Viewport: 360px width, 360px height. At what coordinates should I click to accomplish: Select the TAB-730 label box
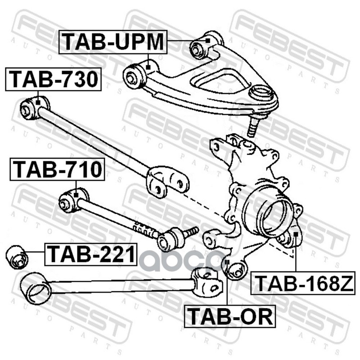coord(53,80)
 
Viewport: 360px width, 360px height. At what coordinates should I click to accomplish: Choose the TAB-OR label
coord(229,316)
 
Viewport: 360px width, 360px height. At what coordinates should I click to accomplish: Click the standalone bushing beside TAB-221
coord(18,256)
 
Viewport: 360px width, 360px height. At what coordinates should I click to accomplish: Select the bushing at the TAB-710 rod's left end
coord(69,201)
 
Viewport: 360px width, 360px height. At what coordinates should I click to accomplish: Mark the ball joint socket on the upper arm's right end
coord(262,94)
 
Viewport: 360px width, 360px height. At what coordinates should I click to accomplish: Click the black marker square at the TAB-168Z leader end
coord(296,234)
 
